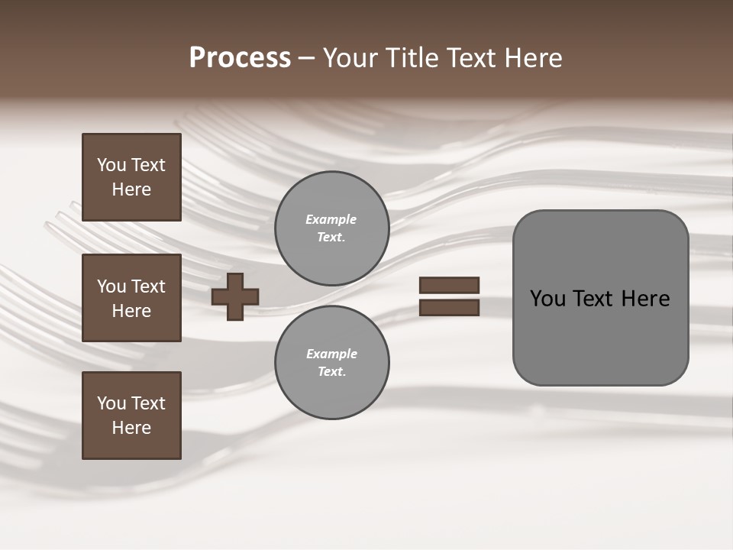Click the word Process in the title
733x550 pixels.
[x=240, y=58]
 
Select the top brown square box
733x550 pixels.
[x=131, y=177]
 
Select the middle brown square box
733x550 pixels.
[x=131, y=298]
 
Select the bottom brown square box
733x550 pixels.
[x=131, y=416]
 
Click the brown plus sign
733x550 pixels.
[x=235, y=296]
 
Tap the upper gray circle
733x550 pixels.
[x=332, y=228]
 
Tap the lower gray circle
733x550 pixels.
[x=332, y=363]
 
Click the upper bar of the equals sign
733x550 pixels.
[x=449, y=286]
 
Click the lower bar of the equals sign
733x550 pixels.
[x=449, y=308]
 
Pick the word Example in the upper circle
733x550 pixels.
[x=331, y=219]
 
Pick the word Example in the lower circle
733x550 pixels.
[x=331, y=354]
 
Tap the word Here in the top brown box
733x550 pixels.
[x=131, y=189]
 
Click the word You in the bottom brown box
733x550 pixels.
[x=111, y=403]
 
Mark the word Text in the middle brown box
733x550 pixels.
[x=147, y=286]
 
